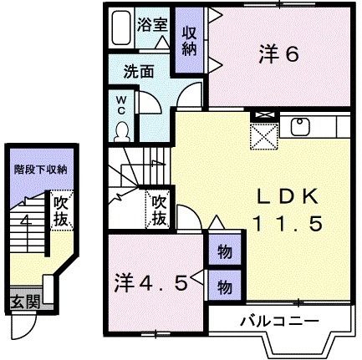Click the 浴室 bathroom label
(153, 24)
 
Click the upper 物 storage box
(224, 251)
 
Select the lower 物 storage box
(224, 286)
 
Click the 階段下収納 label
(40, 169)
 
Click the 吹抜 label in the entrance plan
(60, 210)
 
